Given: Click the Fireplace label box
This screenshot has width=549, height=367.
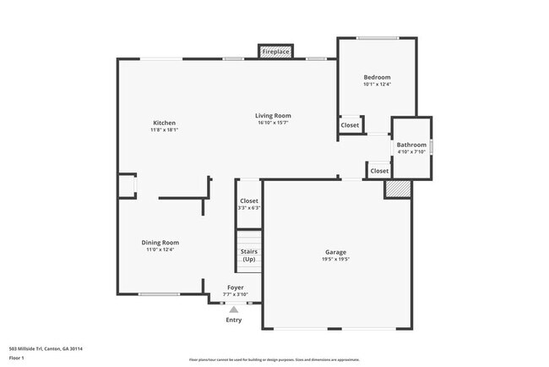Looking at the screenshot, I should [x=275, y=52].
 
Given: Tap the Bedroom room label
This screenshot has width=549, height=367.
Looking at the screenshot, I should [x=377, y=75].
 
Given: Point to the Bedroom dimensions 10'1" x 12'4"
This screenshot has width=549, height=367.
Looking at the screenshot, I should [x=377, y=84].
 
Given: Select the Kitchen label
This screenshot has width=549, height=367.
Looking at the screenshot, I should [x=164, y=123].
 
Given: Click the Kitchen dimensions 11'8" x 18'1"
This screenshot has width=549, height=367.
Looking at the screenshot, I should [x=164, y=130].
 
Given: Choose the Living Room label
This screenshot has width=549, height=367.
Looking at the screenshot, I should [x=274, y=115].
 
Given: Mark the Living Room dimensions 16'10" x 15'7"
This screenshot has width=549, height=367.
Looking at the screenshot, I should [x=274, y=123].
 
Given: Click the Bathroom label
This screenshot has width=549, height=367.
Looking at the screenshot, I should [x=412, y=145].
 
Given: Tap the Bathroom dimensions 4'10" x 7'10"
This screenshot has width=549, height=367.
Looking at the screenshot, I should [x=412, y=152].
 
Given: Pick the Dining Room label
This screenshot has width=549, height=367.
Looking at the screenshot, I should [x=160, y=243].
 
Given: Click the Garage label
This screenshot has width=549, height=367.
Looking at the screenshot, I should [x=336, y=252].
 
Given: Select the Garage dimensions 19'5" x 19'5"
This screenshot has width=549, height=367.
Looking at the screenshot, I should [x=336, y=260].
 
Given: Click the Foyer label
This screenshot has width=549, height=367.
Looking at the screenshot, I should [x=235, y=288].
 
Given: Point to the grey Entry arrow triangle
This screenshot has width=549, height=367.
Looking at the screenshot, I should [x=234, y=309].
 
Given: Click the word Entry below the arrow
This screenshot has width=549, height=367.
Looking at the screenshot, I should [x=234, y=320].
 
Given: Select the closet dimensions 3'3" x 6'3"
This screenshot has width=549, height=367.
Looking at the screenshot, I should [x=249, y=208].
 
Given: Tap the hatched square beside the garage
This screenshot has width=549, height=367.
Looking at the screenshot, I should [x=397, y=189].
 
